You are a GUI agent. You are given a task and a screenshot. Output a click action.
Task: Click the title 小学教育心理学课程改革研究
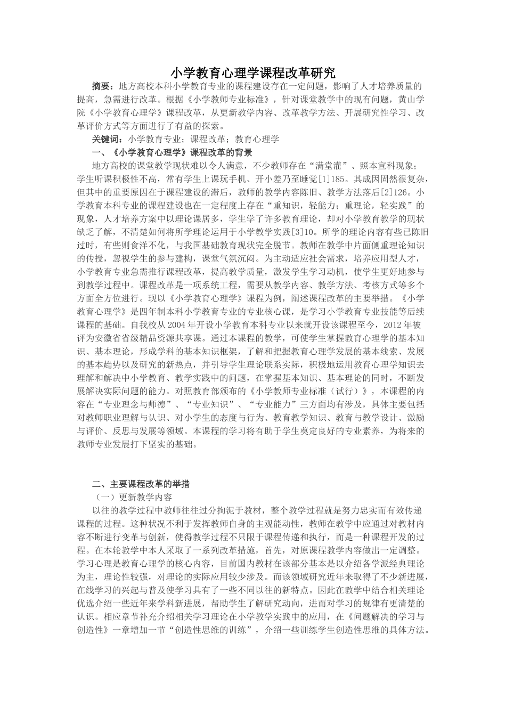pyautogui.click(x=253, y=72)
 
